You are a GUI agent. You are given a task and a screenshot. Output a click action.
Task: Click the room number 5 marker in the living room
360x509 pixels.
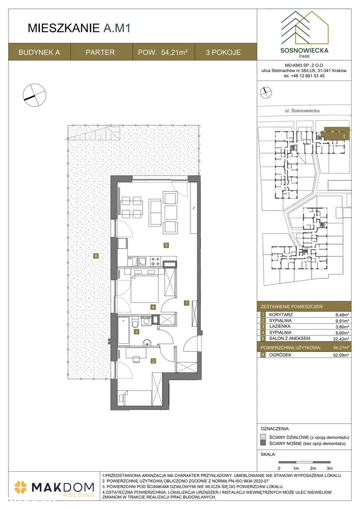[166, 246]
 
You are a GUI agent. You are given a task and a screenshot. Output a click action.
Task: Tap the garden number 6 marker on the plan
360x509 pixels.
[96, 256]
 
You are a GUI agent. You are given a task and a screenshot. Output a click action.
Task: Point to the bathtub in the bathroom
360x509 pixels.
[124, 332]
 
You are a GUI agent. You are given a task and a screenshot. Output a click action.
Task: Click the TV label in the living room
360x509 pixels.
[193, 208]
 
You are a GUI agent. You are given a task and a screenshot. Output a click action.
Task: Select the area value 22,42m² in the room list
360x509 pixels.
[342, 339]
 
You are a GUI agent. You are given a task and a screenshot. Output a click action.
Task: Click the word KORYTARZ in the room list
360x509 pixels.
[281, 315]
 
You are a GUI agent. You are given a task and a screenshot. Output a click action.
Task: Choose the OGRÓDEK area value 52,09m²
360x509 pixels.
[342, 355]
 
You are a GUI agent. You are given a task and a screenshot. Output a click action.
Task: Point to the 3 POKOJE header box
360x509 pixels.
[223, 52]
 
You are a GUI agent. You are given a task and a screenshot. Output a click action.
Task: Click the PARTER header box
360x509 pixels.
[100, 52]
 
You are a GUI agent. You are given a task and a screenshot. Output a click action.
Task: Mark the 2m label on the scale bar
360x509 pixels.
[313, 468]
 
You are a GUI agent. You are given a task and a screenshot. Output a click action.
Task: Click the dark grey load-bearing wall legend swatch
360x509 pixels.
[263, 443]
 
